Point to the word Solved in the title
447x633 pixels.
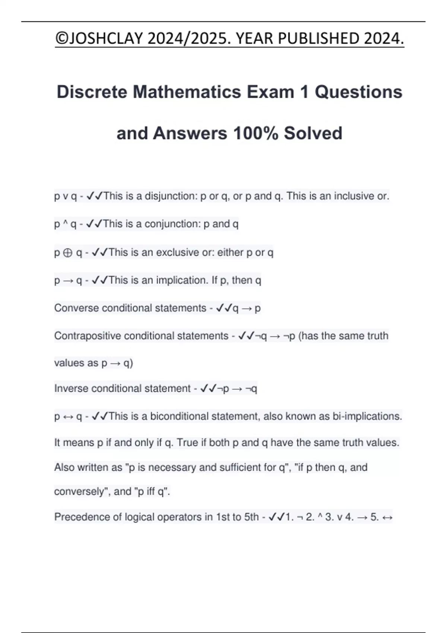[x=313, y=133]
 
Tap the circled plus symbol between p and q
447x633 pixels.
[x=68, y=253]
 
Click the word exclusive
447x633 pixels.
[x=178, y=252]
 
